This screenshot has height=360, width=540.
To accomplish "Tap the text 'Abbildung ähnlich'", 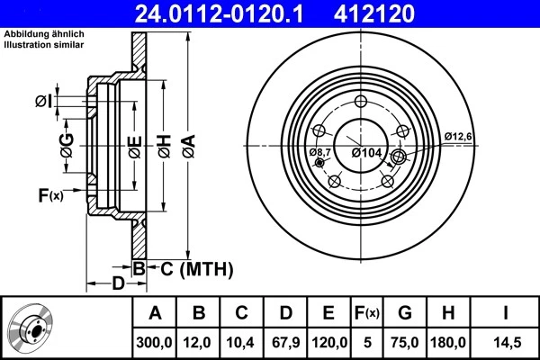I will (45, 33).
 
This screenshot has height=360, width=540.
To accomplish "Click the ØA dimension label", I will (187, 143).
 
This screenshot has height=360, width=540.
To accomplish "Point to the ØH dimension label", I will (164, 143).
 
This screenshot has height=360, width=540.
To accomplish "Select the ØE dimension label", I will (134, 143).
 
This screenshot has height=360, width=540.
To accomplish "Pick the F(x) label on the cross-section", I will (50, 194).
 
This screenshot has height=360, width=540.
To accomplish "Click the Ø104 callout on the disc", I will (367, 153).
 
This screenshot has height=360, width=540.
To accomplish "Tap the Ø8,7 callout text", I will (320, 153).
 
